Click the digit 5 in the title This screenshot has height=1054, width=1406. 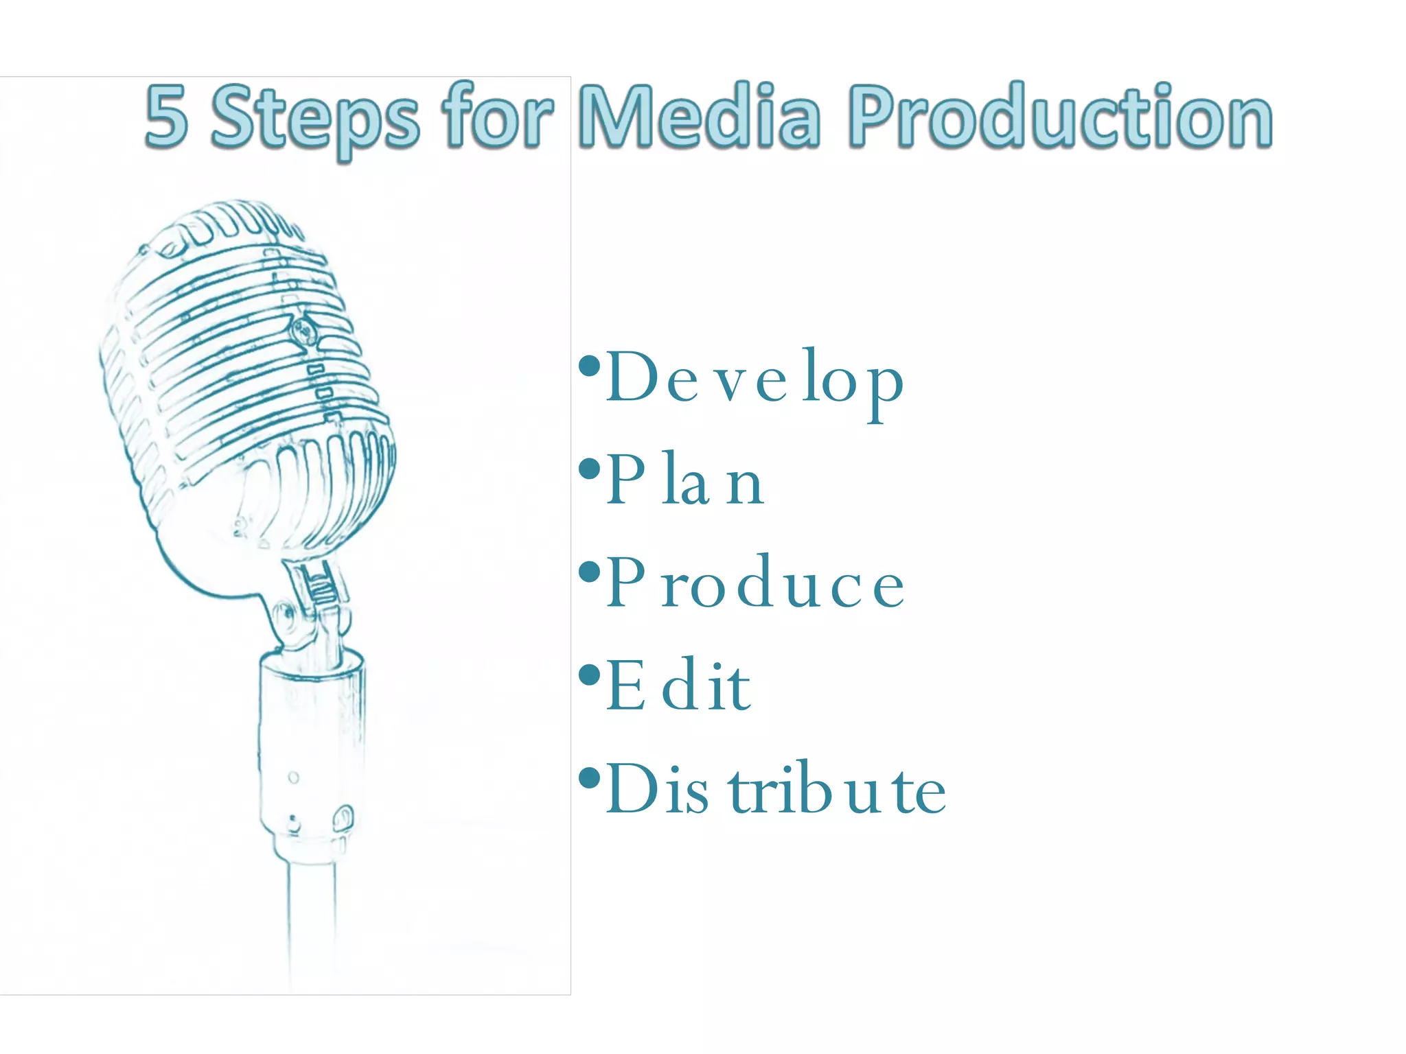(x=166, y=117)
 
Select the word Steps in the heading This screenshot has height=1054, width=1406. (x=315, y=118)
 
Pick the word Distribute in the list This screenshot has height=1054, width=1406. (x=776, y=788)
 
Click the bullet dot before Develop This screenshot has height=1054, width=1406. (x=589, y=366)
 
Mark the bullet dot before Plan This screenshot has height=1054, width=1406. (x=589, y=469)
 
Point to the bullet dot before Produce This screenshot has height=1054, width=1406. (x=589, y=572)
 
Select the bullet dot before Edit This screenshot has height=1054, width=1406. (x=589, y=675)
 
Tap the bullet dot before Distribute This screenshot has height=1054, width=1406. (x=589, y=777)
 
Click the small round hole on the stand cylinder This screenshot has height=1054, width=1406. (x=293, y=777)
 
